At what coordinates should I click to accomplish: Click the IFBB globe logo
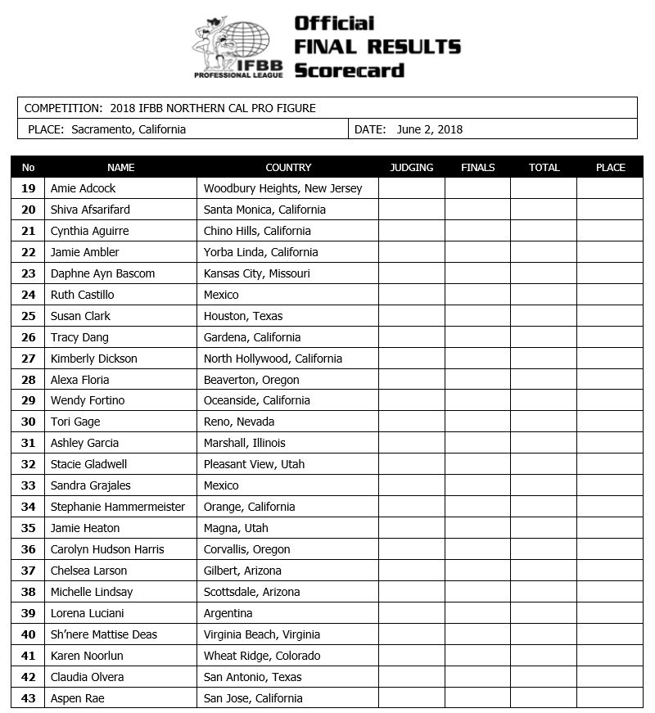[238, 47]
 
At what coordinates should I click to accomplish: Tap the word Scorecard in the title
[350, 70]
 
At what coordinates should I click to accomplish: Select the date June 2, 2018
[429, 129]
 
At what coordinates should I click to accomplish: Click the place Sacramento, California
[129, 129]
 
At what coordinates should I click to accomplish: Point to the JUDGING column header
[411, 168]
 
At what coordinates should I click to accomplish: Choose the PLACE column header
[610, 168]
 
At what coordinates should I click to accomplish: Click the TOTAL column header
[544, 168]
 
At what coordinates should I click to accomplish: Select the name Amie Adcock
[83, 188]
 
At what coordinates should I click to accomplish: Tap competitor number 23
[29, 273]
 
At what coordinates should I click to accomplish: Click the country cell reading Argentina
[228, 613]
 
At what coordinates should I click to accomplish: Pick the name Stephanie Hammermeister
[118, 507]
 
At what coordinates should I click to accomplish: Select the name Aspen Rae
[77, 698]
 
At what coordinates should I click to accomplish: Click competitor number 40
[29, 634]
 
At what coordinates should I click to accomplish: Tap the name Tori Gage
[75, 422]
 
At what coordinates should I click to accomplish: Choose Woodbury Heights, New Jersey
[282, 188]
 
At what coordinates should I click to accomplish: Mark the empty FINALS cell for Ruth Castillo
[477, 295]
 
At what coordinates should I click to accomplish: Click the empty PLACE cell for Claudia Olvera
[610, 677]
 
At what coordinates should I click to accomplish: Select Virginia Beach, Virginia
[262, 634]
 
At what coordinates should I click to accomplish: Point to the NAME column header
[120, 168]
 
